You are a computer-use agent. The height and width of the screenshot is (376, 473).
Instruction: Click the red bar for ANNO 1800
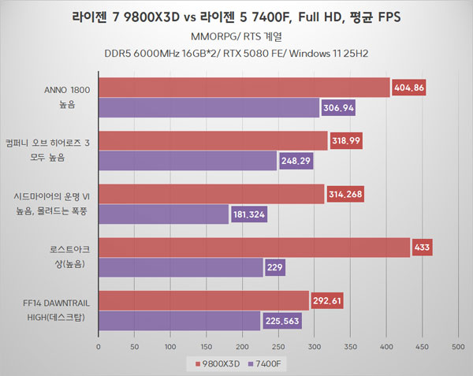(x=244, y=87)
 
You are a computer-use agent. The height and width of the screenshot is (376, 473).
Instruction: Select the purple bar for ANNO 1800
(x=209, y=108)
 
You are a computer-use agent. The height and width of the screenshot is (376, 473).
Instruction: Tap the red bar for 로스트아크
(x=254, y=248)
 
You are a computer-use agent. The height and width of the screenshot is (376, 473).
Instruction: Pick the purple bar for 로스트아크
(x=181, y=268)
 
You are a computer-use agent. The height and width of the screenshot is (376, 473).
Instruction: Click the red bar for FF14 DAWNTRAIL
(x=203, y=300)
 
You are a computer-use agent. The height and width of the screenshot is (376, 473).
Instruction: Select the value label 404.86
(x=408, y=87)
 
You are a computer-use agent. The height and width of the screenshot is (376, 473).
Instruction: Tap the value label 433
(x=422, y=248)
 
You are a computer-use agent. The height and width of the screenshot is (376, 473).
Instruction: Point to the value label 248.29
(x=296, y=162)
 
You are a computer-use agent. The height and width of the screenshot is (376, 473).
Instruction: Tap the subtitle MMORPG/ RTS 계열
(x=236, y=36)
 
